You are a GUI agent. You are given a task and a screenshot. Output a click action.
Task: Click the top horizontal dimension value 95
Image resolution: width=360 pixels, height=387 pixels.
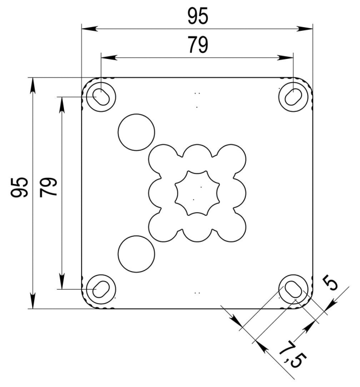coord(198,16)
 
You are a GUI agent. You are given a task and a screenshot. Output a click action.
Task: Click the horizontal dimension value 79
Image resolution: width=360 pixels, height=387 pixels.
coord(198,45)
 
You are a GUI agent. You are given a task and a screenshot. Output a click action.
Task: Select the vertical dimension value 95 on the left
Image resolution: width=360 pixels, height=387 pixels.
coord(19,187)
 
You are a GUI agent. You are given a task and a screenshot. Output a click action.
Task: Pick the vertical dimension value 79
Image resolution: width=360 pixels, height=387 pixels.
coord(48,187)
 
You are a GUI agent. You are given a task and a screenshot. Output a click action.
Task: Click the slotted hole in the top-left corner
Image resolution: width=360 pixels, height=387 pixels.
coord(101,97)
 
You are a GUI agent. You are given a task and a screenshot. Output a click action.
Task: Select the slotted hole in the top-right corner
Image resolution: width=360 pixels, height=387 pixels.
coord(294,97)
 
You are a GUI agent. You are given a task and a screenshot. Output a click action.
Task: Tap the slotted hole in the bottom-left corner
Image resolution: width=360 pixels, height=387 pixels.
coord(101,289)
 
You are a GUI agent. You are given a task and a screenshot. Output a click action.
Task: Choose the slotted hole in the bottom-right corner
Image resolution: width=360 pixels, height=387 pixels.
coord(294,289)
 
